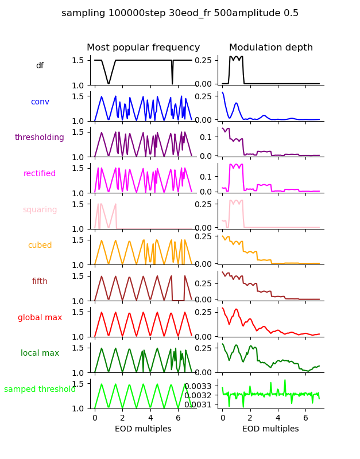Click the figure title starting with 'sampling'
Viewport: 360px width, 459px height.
click(x=180, y=13)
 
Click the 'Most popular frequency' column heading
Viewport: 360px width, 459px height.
click(x=143, y=48)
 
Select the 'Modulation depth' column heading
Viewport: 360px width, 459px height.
click(x=270, y=48)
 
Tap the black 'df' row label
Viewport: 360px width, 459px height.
click(x=40, y=66)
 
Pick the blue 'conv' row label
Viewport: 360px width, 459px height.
click(x=40, y=102)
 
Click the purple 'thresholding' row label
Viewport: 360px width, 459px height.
click(x=40, y=138)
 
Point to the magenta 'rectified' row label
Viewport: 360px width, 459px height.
click(x=40, y=174)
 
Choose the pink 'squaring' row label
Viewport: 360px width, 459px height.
click(x=40, y=210)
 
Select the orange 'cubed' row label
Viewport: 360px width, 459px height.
click(x=40, y=246)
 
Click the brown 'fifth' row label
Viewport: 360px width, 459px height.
click(x=40, y=282)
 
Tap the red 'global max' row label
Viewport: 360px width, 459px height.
click(x=40, y=318)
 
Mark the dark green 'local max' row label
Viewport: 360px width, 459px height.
click(x=40, y=353)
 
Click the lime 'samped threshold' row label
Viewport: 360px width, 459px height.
click(x=40, y=390)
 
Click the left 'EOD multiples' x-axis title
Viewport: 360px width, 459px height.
click(x=143, y=429)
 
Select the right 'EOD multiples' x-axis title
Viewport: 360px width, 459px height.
click(x=270, y=429)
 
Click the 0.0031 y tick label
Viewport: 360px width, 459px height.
click(x=200, y=404)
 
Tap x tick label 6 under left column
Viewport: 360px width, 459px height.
click(x=178, y=418)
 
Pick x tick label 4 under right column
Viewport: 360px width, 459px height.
click(x=278, y=418)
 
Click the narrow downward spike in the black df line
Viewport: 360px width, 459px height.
click(x=172, y=80)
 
